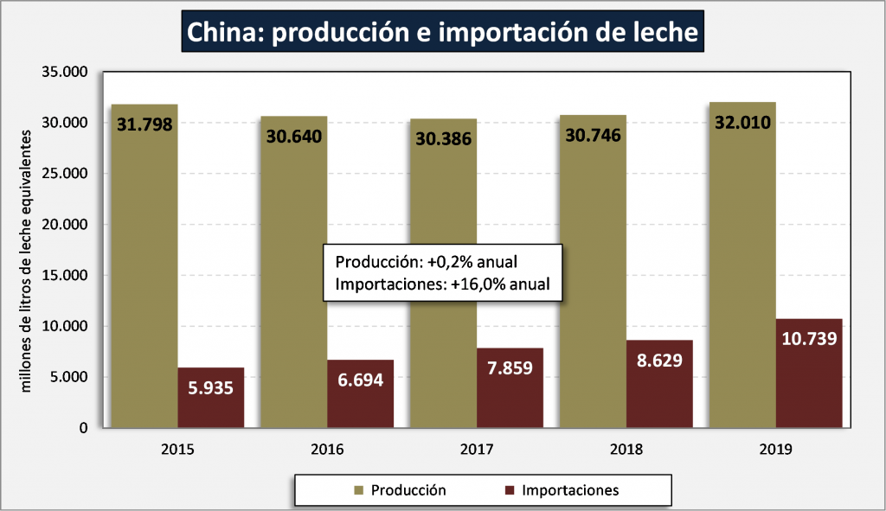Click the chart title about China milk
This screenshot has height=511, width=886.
442,32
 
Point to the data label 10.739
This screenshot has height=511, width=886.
809,338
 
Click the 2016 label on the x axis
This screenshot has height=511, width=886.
326,450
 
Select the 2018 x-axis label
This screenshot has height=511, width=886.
626,450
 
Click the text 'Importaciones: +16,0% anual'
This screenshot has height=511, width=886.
442,283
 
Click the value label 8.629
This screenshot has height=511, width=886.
659,360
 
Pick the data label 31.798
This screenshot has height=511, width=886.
144,124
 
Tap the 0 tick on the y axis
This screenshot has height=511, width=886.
83,428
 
